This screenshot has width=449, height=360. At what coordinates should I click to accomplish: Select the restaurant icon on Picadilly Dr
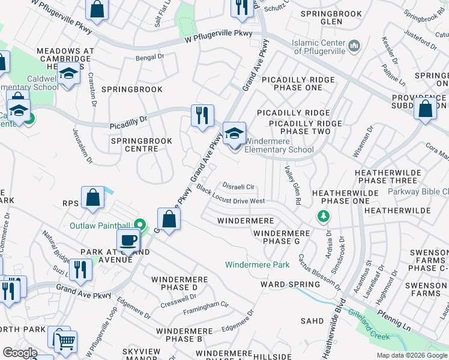[x=202, y=115]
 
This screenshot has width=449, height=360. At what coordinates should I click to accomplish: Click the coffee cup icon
[x=128, y=241]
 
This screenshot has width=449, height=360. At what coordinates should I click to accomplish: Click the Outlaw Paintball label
[x=101, y=226]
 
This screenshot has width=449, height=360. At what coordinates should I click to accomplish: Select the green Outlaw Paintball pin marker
[x=140, y=224]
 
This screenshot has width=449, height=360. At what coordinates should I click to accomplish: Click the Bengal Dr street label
[x=150, y=58]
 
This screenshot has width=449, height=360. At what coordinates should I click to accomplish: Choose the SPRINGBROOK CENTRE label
[x=141, y=145]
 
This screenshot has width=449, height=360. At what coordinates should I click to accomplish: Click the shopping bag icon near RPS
[x=92, y=198]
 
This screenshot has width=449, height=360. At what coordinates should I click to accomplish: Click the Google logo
[x=20, y=353]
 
